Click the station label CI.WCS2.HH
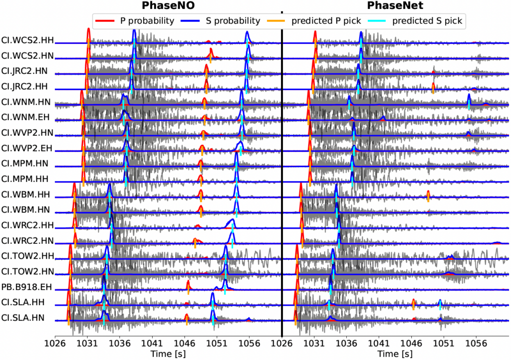(27, 40)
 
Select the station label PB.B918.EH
(27, 287)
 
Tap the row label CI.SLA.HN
(27, 318)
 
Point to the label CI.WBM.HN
(27, 210)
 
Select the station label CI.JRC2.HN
(27, 71)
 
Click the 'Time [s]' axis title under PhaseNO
(168, 354)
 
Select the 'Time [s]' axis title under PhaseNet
(395, 354)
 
